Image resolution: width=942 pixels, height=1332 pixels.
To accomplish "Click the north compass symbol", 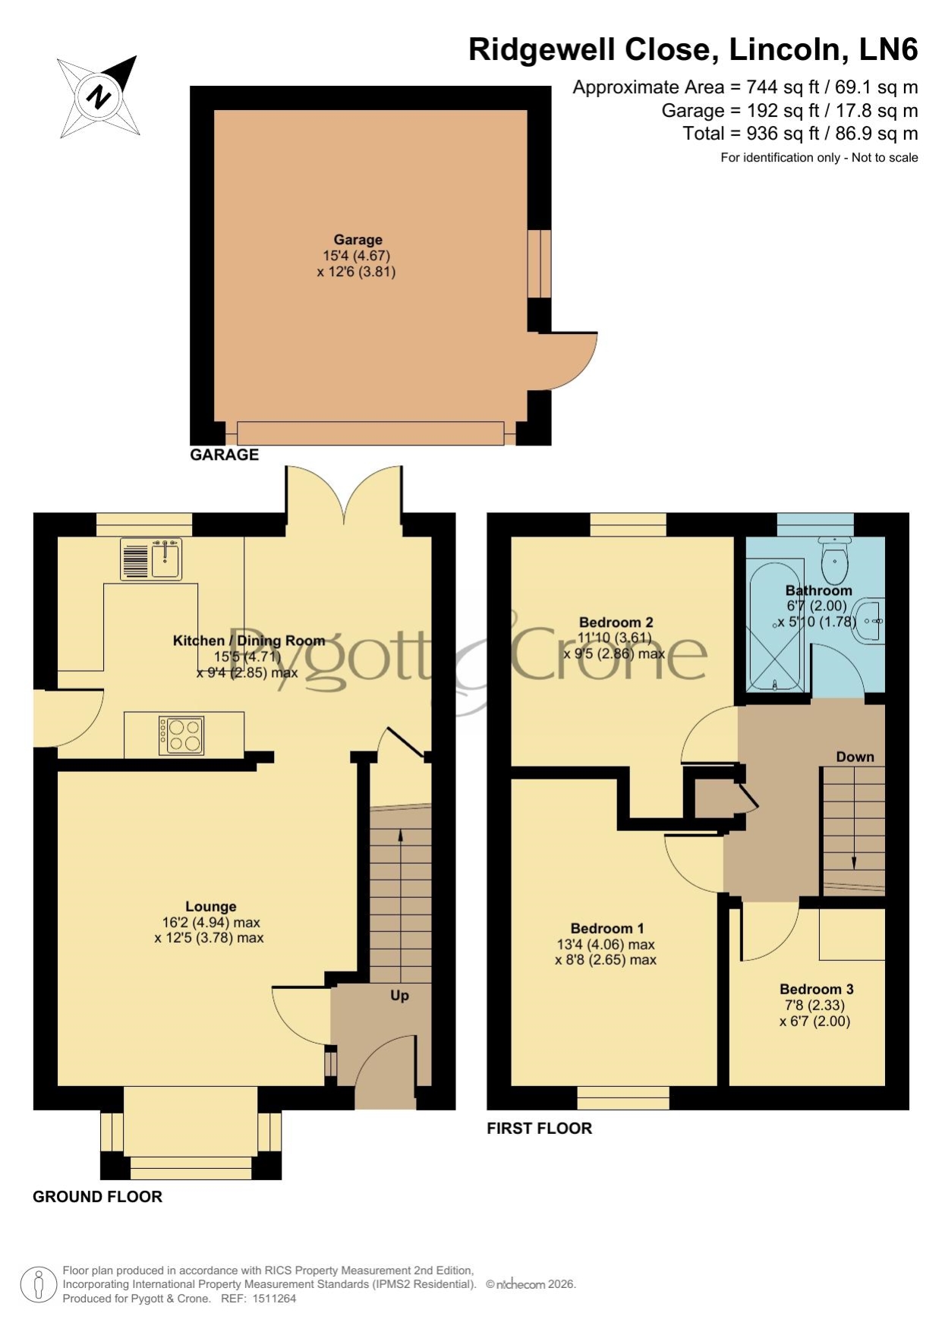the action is (99, 96).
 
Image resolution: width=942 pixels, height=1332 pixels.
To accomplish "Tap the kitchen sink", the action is (151, 559).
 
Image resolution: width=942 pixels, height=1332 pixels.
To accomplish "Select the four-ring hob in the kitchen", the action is (181, 735).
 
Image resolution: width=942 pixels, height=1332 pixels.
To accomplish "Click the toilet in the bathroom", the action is (834, 559).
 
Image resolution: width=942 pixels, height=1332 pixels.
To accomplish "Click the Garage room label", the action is (358, 240).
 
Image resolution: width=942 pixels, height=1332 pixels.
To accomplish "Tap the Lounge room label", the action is (211, 906).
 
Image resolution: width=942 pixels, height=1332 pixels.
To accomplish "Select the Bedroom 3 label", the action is (817, 989).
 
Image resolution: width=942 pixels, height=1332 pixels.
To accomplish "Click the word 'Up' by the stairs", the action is (399, 996).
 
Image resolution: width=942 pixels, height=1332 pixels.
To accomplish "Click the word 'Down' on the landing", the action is (855, 757).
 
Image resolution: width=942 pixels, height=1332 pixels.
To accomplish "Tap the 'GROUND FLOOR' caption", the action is (97, 1197).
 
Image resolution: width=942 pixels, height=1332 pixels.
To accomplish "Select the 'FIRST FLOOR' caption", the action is (539, 1129).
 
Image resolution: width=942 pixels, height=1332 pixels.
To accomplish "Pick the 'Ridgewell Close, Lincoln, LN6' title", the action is (693, 49).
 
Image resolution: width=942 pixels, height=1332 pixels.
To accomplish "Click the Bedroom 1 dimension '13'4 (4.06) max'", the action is (606, 945).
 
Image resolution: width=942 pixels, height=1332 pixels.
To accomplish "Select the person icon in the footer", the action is (37, 1285).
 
